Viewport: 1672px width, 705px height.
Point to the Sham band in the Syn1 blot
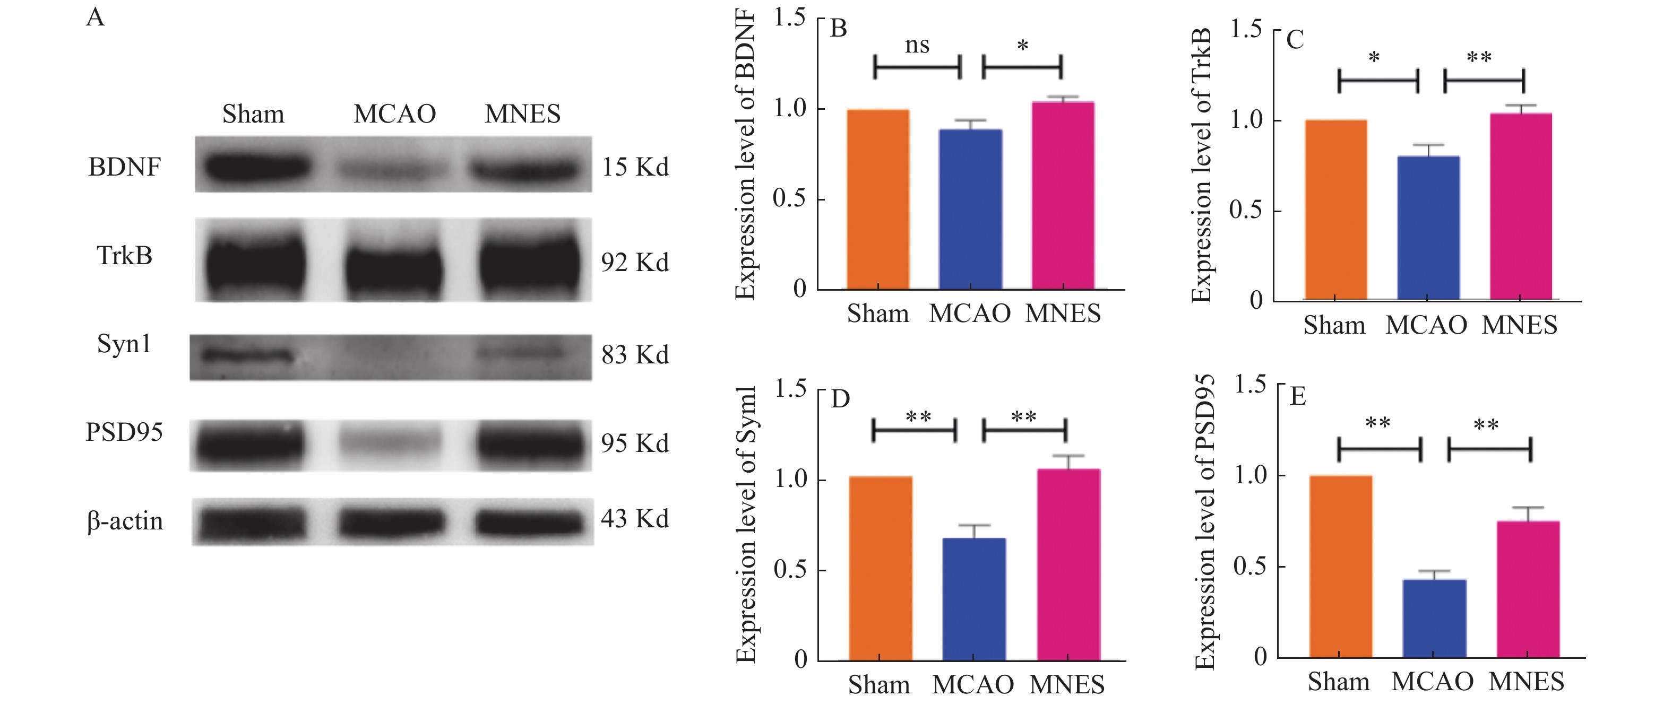[x=247, y=355]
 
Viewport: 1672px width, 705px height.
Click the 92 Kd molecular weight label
[x=634, y=262]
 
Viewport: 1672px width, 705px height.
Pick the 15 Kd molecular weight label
[x=634, y=167]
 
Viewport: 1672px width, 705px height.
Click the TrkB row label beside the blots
[x=124, y=256]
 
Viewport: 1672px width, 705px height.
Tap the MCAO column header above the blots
[x=394, y=114]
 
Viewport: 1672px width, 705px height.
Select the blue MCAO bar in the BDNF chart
[x=970, y=209]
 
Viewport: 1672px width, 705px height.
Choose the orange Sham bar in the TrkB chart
[x=1335, y=210]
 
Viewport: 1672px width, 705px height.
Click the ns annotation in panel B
[x=917, y=46]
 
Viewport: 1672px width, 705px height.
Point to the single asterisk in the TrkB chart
[x=1374, y=58]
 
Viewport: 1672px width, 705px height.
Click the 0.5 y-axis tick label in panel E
[x=1249, y=566]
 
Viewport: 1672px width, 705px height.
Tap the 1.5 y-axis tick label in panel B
[x=789, y=18]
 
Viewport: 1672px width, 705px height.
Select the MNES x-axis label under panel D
[x=1066, y=685]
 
